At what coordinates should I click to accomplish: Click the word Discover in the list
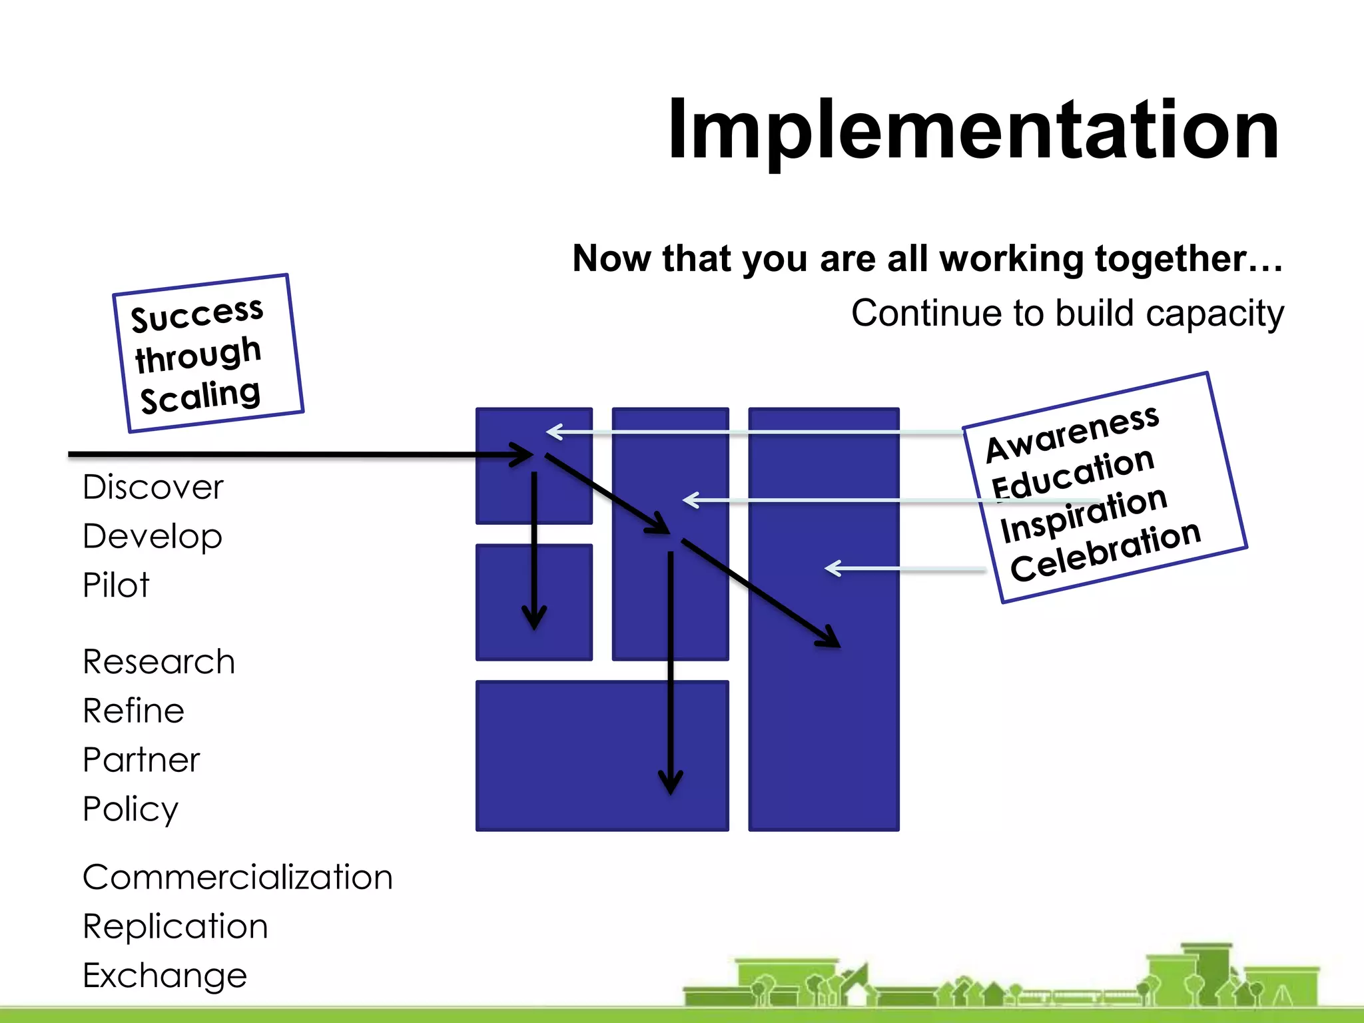[153, 487]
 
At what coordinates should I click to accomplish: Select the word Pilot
[116, 585]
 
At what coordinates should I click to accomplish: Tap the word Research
[159, 661]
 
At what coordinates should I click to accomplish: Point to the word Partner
[141, 759]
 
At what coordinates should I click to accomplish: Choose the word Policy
[131, 809]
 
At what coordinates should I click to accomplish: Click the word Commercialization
[238, 877]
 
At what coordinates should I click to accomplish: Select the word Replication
[175, 926]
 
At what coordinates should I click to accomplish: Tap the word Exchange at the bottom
[165, 976]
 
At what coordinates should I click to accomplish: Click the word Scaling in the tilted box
[200, 396]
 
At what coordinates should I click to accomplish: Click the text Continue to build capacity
[1067, 313]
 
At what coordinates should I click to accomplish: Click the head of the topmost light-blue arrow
[551, 432]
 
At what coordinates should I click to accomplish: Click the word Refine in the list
[133, 711]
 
